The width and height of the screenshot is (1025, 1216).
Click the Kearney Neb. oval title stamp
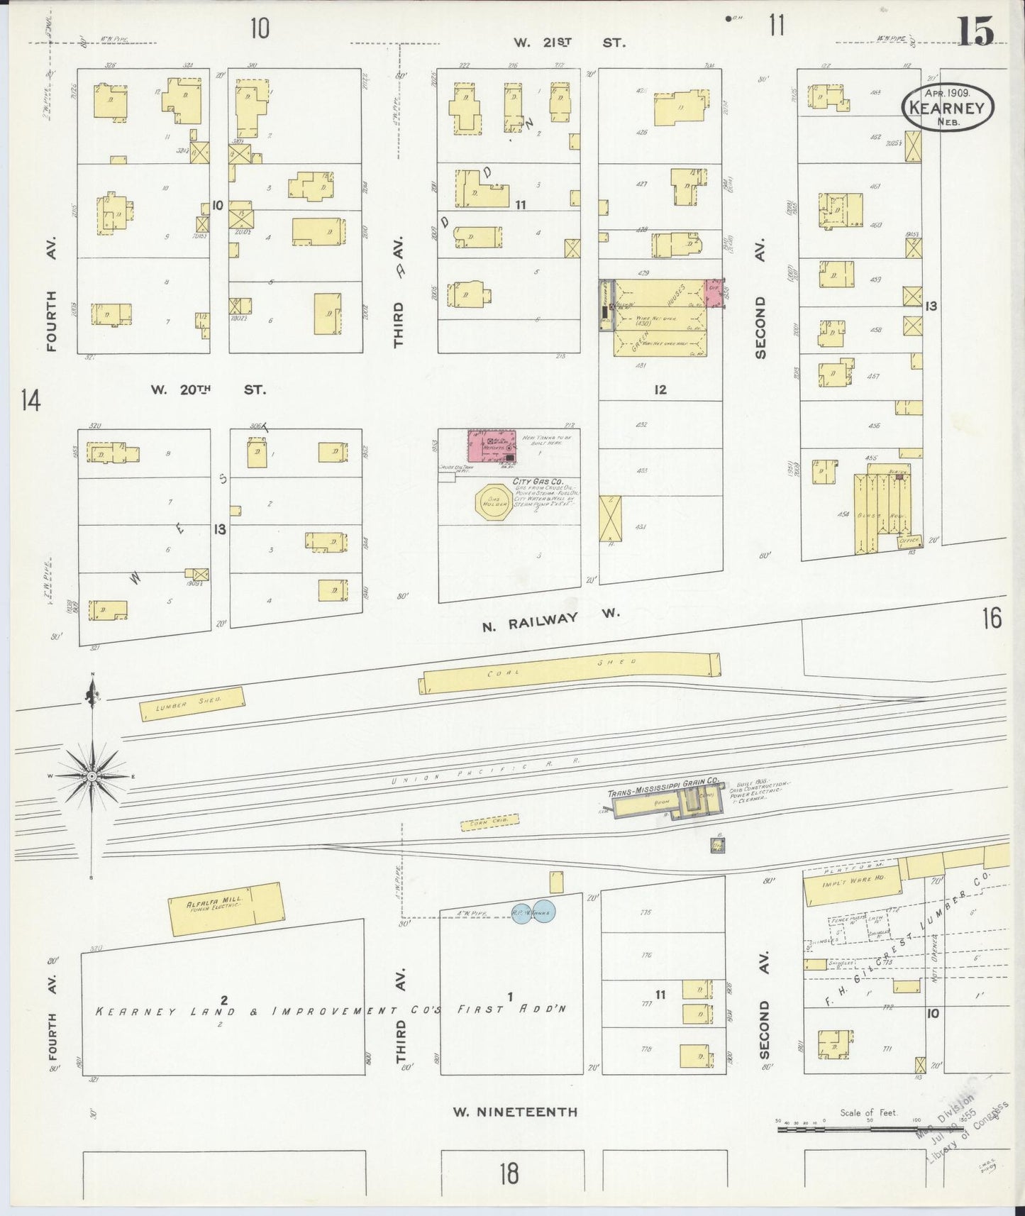(x=948, y=106)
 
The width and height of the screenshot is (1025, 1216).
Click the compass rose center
(x=92, y=777)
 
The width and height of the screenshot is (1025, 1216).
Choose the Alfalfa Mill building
(x=225, y=909)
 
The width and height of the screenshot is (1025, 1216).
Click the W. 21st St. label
(x=570, y=43)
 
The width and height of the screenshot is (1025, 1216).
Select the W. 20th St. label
(x=207, y=389)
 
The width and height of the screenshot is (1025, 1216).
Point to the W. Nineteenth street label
(x=516, y=1112)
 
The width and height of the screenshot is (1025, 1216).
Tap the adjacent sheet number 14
(x=31, y=401)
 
